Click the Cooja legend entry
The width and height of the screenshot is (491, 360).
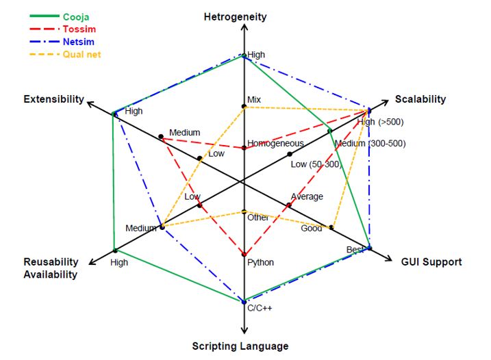point(76,17)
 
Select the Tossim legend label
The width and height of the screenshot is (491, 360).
point(79,29)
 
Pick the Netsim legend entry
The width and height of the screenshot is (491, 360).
point(78,42)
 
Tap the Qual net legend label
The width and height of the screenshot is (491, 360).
point(81,55)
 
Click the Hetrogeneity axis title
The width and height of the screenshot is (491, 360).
point(235,17)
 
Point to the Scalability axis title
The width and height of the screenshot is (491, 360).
point(420,99)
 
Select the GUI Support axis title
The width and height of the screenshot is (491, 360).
point(431,261)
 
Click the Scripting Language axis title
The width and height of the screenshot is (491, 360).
point(240,346)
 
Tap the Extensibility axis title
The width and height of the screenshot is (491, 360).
point(54,99)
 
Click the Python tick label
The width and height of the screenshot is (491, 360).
point(260,262)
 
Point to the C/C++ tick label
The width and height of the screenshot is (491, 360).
point(260,308)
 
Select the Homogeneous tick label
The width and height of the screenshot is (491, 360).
point(275,143)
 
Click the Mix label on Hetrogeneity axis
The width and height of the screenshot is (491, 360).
point(254,99)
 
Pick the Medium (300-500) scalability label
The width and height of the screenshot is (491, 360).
point(370,143)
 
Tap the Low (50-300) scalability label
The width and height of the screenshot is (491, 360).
point(316,164)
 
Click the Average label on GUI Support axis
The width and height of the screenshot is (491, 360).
point(307,196)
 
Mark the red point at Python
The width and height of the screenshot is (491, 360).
point(244,255)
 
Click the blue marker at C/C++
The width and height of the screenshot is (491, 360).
point(244,302)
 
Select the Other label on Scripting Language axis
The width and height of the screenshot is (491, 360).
point(257,218)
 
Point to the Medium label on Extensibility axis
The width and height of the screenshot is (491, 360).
point(185,132)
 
